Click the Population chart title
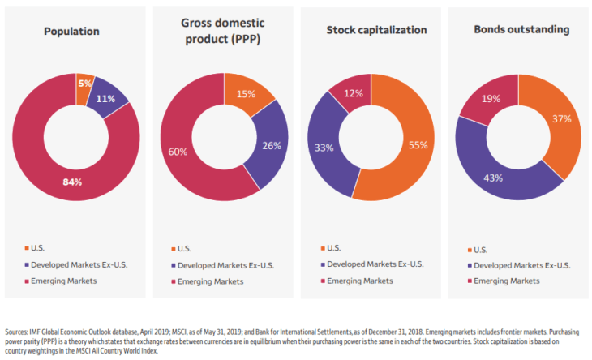click(x=72, y=32)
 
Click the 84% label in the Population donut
click(x=72, y=182)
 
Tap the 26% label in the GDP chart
click(x=272, y=147)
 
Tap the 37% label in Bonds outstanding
click(x=562, y=118)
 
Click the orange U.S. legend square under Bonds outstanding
click(x=470, y=250)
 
